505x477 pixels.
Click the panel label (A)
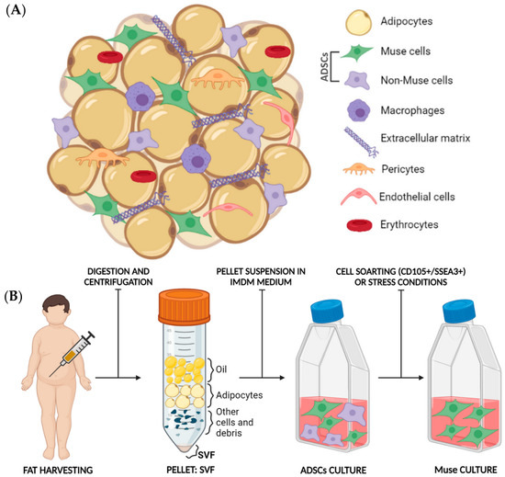pos(19,12)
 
